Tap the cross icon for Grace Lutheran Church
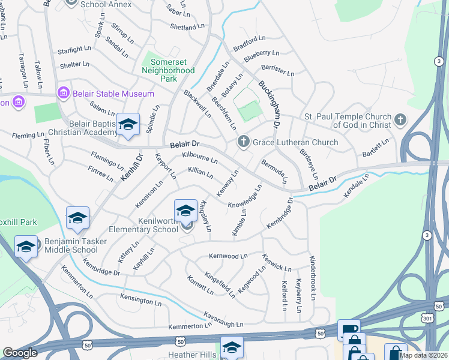click(x=243, y=142)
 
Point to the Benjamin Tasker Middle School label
click(x=71, y=246)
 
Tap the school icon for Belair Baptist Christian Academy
click(x=127, y=124)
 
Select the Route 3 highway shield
click(x=427, y=234)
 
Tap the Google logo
click(x=20, y=353)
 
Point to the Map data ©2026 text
click(x=423, y=355)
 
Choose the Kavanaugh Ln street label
click(x=223, y=319)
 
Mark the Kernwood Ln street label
click(x=228, y=256)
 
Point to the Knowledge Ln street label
click(x=245, y=196)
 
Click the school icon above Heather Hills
click(x=232, y=347)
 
